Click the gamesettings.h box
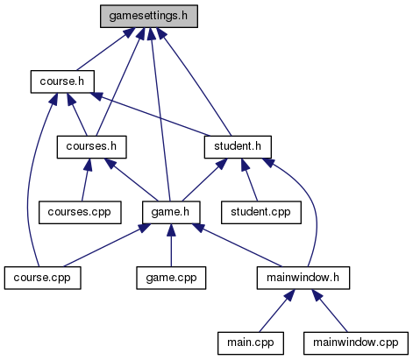point(149,16)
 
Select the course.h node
point(62,81)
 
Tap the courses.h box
point(91,147)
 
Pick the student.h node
point(238,147)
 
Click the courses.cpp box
point(80,212)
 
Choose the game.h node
point(171,212)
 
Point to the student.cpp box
point(261,212)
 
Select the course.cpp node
point(42,278)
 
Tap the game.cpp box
point(171,278)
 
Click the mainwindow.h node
point(303,278)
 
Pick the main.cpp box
point(251,343)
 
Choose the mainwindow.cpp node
point(356,343)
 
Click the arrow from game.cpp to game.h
point(171,245)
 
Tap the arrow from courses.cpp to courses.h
point(85,180)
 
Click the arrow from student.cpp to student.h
point(249,180)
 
